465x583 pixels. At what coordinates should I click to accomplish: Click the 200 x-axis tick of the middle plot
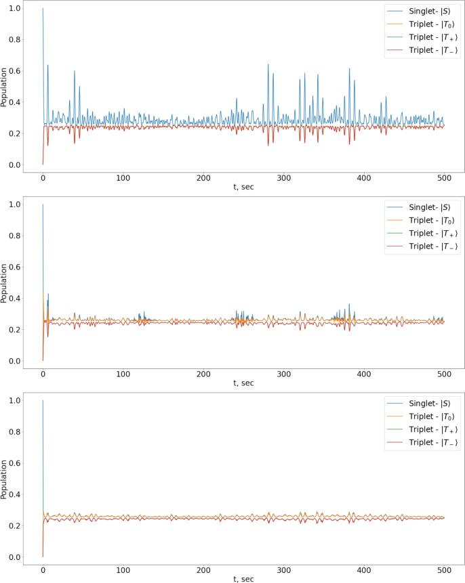pyautogui.click(x=203, y=374)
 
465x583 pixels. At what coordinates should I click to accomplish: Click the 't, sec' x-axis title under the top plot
pyautogui.click(x=243, y=188)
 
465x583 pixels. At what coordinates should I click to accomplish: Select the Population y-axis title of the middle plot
pyautogui.click(x=5, y=282)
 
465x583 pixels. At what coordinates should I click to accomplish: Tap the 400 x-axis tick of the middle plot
pyautogui.click(x=364, y=374)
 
